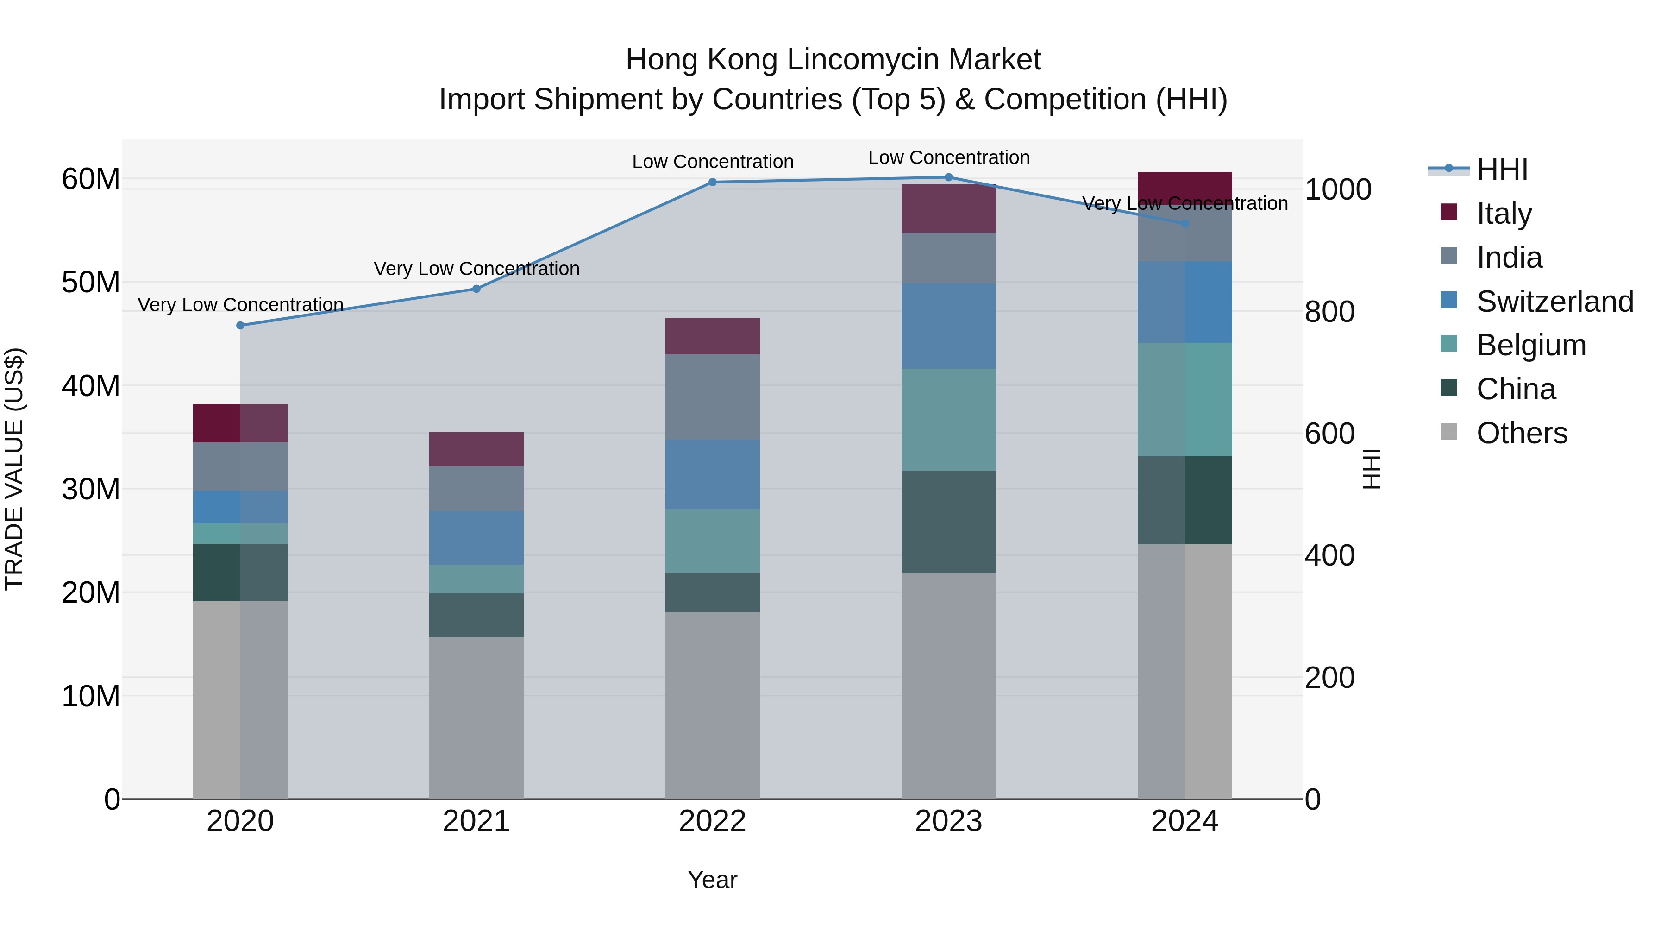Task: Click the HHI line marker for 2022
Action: (713, 182)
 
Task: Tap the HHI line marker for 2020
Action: (240, 325)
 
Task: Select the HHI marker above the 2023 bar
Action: (949, 177)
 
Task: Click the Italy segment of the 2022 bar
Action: (713, 335)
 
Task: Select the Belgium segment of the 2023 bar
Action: (949, 420)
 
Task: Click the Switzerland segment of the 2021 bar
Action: (476, 537)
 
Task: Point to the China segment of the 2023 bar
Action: (949, 522)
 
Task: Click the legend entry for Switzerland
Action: (1554, 301)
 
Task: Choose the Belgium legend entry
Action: (1531, 345)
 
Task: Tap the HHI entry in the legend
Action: (1501, 170)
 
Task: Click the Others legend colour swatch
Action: (1448, 432)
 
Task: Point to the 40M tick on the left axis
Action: (91, 386)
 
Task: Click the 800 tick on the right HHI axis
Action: (1329, 311)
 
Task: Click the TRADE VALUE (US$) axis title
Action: (14, 469)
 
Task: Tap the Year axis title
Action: (713, 880)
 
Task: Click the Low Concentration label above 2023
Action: (949, 157)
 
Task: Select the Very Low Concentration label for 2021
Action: (476, 269)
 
